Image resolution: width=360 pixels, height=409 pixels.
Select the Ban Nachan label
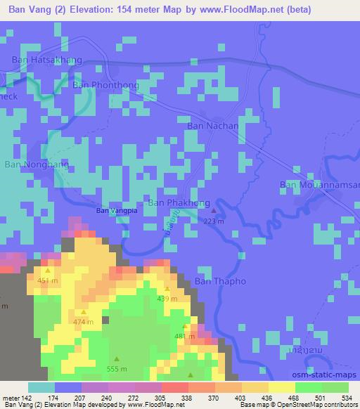coord(212,125)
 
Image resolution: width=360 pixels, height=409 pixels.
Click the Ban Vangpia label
coord(116,209)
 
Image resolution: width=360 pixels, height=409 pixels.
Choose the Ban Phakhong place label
coord(179,203)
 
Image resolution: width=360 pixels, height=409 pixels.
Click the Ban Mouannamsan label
coord(319,184)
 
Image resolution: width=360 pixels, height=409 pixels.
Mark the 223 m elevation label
coord(214,221)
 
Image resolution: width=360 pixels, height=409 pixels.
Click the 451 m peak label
coord(48,282)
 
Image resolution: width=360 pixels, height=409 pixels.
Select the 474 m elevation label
coord(83,322)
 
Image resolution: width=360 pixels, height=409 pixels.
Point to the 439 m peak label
coord(167,299)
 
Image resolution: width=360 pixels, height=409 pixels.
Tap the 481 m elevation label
coord(184,337)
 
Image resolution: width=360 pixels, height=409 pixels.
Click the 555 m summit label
coord(117,369)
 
